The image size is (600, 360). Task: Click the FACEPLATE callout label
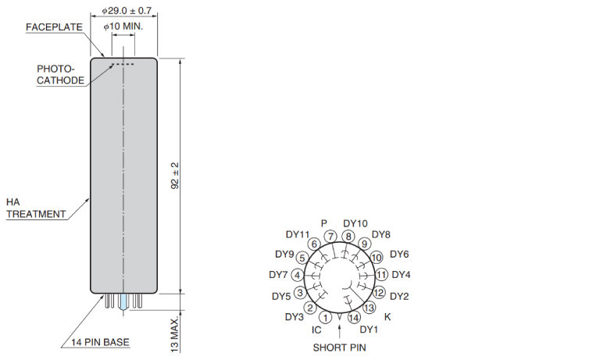(x=55, y=27)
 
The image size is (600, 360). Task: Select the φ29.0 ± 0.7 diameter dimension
(x=127, y=11)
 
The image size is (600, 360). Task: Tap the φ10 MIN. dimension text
(x=123, y=27)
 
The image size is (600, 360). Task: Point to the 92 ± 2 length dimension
(x=175, y=176)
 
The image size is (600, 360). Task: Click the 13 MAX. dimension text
(x=175, y=335)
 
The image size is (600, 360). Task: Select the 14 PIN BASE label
(x=100, y=342)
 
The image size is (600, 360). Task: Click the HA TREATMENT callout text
(x=36, y=209)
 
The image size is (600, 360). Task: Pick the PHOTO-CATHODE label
(x=60, y=75)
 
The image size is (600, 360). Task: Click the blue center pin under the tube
(x=123, y=302)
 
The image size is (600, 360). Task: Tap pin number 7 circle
(x=330, y=237)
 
